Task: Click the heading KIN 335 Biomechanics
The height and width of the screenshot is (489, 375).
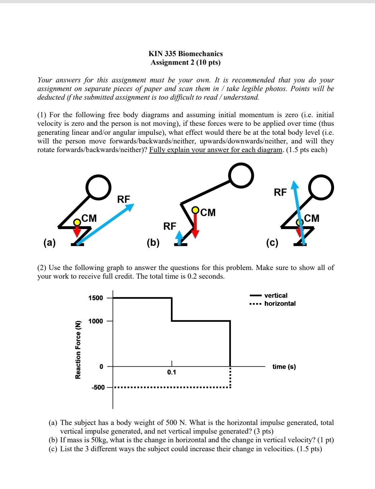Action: tap(186, 54)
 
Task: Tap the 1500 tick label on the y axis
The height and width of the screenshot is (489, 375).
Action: tap(96, 298)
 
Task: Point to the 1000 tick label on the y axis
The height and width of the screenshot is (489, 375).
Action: tap(96, 321)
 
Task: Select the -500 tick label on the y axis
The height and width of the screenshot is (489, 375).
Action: tap(98, 387)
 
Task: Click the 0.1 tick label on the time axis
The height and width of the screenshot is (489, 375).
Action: tap(172, 372)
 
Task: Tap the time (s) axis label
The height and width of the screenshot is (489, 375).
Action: tap(284, 367)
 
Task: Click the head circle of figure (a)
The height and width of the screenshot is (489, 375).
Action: tap(98, 187)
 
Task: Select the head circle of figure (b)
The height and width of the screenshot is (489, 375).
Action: tap(242, 175)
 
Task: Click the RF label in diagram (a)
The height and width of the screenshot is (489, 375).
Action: tap(124, 199)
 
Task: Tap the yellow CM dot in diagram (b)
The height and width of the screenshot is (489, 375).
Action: tap(195, 210)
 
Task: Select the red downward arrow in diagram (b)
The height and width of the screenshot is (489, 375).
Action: tap(195, 227)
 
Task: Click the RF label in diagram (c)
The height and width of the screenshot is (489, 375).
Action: tap(280, 192)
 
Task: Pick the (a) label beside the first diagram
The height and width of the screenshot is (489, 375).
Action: tap(50, 243)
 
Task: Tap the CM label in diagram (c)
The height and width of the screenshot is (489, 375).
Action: tap(311, 218)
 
